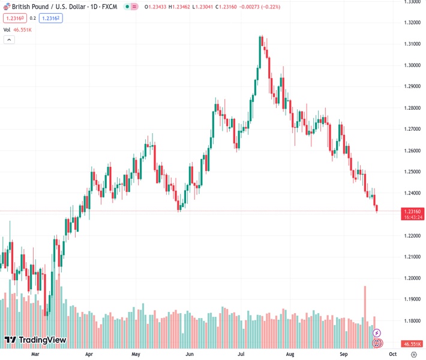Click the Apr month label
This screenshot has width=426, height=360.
pos(89,355)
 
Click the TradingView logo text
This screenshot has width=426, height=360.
pos(42,340)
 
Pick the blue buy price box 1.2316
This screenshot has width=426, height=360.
pos(51,18)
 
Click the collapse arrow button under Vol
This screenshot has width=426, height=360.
pos(9,40)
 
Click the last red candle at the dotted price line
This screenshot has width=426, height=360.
pos(377,208)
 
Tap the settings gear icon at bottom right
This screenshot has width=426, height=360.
pos(413,355)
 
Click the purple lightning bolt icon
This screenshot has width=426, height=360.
pos(377,332)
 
